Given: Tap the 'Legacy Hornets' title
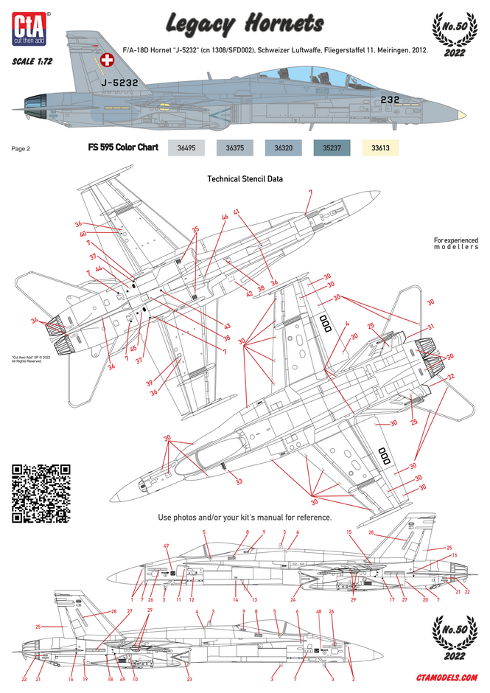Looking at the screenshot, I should (x=244, y=24).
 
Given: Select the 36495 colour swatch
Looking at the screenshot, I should (x=187, y=147).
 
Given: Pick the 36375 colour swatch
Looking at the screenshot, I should (x=236, y=147).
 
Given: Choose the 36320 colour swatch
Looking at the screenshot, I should (x=284, y=147).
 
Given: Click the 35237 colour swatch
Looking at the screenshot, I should (x=332, y=147).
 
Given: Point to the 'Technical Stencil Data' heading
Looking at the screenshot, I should (x=245, y=178).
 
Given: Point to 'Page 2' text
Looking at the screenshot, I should (x=21, y=148).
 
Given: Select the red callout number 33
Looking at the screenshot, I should (x=239, y=482).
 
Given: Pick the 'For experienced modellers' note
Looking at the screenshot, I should (x=455, y=243).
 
